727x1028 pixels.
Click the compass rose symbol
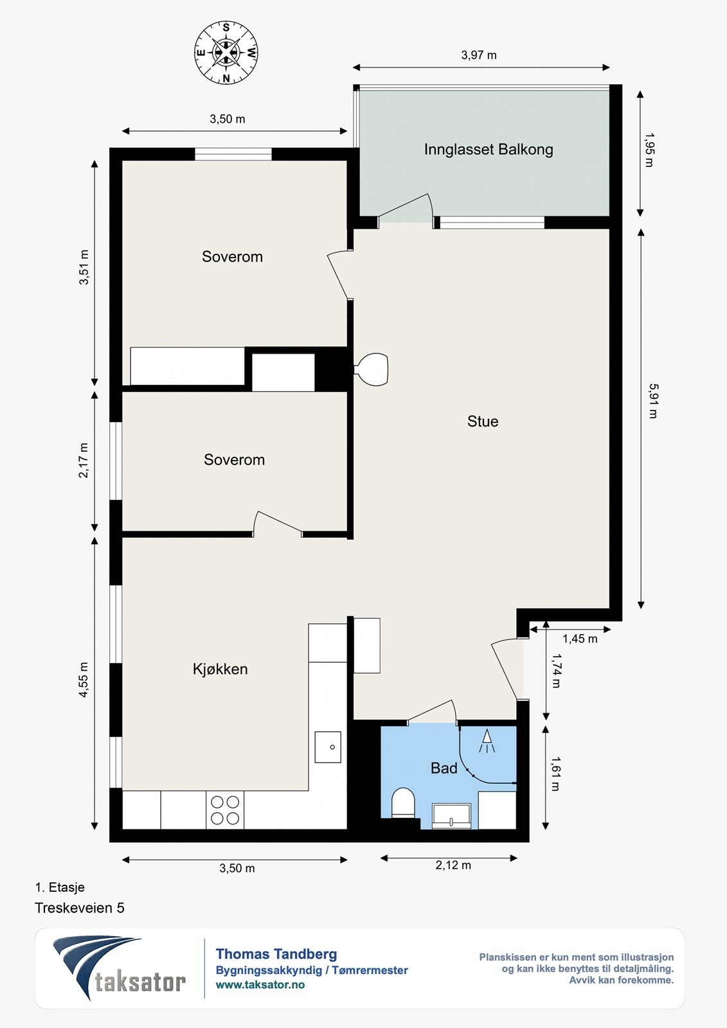pos(226,53)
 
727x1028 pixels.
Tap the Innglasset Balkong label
pos(488,150)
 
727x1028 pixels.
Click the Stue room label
pos(483,421)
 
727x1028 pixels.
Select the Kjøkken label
pos(220,669)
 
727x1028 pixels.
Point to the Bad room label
pos(444,768)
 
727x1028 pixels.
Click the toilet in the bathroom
pos(403,802)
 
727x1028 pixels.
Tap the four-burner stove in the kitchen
pos(225,810)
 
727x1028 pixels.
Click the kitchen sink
pos(328,747)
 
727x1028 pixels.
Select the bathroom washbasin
pos(451,817)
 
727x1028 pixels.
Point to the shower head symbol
pos(487,741)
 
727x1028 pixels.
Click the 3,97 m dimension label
pos(478,55)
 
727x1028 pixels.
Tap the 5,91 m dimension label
pos(653,401)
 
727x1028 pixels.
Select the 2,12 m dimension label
pos(453,865)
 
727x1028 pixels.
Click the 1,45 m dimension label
pos(580,639)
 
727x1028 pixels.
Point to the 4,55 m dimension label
pos(84,680)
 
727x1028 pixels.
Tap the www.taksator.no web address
pos(260,984)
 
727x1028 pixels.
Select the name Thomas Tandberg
pos(276,954)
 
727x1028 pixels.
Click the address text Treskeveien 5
pos(80,908)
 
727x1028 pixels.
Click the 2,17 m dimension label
pos(84,460)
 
